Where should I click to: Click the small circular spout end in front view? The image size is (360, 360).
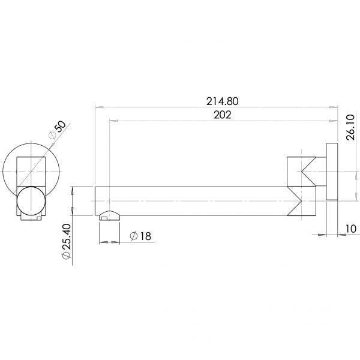pos(30,201)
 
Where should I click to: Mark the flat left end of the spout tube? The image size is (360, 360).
pos(96,200)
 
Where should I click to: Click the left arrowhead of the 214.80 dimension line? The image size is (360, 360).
pos(98,107)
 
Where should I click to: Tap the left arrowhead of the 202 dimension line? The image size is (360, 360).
pos(112,120)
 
